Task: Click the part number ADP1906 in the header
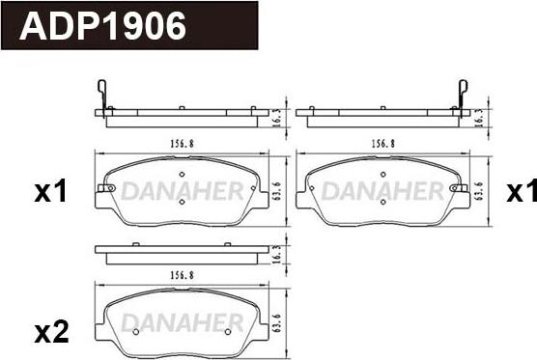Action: tap(102, 26)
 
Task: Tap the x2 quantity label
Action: tap(51, 334)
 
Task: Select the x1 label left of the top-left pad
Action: tap(50, 192)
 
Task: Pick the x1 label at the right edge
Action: tap(522, 192)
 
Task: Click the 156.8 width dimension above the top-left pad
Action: tap(182, 144)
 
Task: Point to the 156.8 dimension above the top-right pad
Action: tap(382, 144)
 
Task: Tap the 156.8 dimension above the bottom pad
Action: tap(182, 275)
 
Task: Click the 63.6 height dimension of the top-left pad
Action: tap(277, 190)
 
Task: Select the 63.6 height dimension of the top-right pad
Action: tap(478, 190)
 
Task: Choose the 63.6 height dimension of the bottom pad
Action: tap(277, 322)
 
